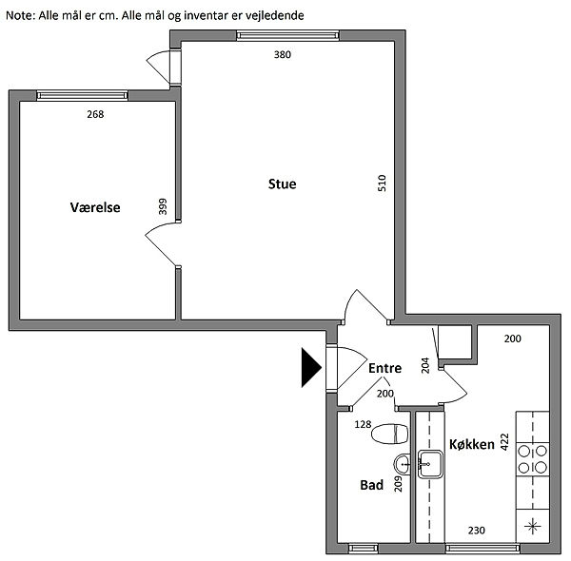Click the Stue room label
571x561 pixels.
[x=283, y=184]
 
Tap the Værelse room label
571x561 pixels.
[x=95, y=207]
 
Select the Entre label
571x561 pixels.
[x=384, y=368]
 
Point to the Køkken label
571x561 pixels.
[x=472, y=444]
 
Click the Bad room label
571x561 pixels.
[x=371, y=485]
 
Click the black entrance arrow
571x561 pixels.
[x=311, y=367]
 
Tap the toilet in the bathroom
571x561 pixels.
[x=389, y=434]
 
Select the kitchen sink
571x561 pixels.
[x=430, y=464]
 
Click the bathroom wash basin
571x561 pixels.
[x=402, y=465]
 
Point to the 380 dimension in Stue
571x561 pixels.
[x=283, y=54]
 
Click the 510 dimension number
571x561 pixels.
[x=382, y=183]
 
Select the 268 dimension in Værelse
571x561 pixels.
[x=95, y=114]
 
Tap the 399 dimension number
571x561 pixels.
[x=163, y=206]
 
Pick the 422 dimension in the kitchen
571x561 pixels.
[x=504, y=442]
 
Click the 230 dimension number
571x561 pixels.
[x=477, y=531]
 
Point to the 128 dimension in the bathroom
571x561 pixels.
[x=363, y=424]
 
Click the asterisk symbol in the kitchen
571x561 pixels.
[x=532, y=526]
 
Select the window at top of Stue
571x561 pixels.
[x=287, y=35]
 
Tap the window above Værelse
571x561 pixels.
[x=82, y=95]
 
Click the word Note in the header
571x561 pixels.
[x=20, y=15]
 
